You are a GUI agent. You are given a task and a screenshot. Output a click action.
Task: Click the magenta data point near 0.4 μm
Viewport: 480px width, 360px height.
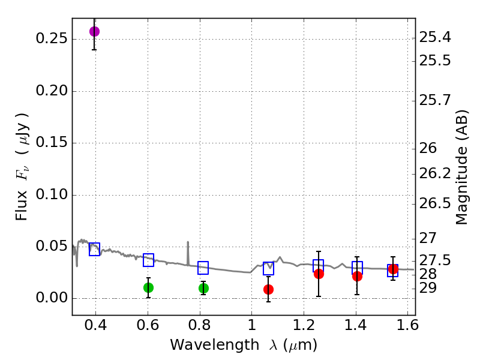click(94, 31)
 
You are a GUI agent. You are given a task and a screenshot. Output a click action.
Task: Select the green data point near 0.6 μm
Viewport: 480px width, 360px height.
click(148, 287)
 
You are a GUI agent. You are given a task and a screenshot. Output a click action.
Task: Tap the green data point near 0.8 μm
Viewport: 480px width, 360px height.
click(203, 288)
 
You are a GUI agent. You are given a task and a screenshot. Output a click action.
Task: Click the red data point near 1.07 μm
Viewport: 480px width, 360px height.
click(269, 289)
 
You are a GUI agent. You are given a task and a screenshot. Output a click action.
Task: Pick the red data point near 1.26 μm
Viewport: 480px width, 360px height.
click(319, 274)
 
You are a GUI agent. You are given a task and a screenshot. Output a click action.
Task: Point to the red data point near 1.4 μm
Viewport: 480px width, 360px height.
click(357, 276)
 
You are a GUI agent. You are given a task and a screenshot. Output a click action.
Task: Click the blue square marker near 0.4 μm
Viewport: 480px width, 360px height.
click(94, 249)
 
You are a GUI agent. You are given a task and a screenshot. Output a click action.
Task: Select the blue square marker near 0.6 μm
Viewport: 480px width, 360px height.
click(148, 260)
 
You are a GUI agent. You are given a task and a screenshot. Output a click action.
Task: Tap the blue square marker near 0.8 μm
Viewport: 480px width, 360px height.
click(203, 268)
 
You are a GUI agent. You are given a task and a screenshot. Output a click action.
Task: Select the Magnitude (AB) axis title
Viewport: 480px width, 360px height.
click(461, 167)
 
